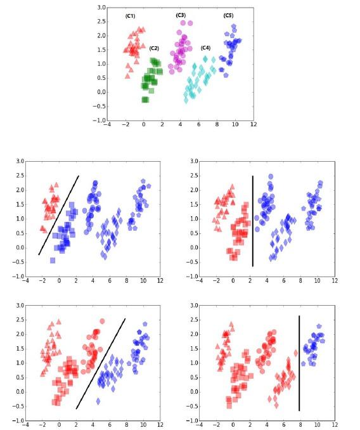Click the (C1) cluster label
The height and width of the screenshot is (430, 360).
coord(130,16)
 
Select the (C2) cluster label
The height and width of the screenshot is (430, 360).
coord(154,48)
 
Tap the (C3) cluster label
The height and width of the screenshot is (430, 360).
coord(181,15)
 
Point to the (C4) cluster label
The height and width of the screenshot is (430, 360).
coord(205,48)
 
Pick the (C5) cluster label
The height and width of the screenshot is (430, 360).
coord(228,15)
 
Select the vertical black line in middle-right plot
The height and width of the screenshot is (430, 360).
coord(253,221)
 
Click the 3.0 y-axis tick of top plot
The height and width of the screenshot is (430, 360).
coord(101,8)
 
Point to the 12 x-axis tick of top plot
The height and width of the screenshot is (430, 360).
coord(253,126)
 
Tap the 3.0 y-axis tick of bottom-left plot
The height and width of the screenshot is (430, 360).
coord(18,306)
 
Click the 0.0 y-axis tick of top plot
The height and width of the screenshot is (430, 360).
coord(101,92)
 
